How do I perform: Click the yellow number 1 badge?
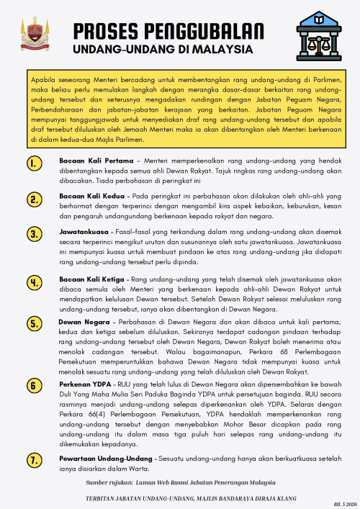35,164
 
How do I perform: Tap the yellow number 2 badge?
35,199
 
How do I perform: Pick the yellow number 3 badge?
35,235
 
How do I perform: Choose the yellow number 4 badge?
35,282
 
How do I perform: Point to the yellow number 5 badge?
35,324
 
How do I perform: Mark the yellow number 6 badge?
35,386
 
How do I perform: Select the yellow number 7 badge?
35,460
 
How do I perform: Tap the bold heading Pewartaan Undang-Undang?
104,458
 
